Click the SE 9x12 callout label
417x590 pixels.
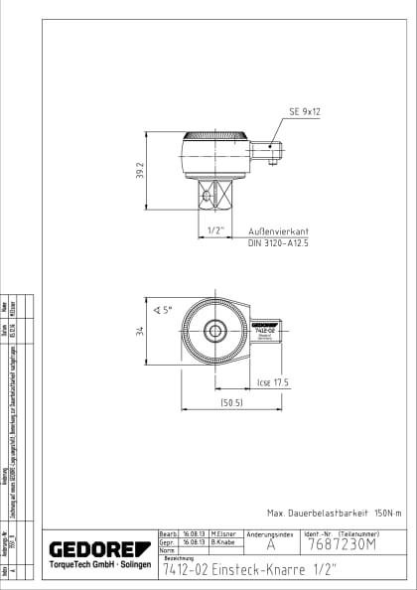click(304, 112)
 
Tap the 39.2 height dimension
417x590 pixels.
click(141, 171)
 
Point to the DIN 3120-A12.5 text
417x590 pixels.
click(279, 242)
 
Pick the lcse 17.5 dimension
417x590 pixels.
click(272, 381)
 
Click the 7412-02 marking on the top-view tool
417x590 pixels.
click(264, 329)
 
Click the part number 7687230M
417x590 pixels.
click(342, 545)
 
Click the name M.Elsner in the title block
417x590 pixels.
click(223, 533)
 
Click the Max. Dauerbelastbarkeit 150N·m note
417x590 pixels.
click(335, 513)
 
